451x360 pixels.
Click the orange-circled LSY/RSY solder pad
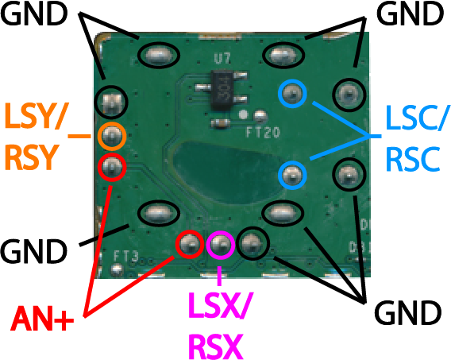[112, 136]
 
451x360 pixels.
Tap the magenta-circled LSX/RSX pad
[221, 244]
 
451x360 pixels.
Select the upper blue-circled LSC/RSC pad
[292, 94]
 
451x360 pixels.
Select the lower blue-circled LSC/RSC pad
[292, 176]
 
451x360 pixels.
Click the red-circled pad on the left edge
[112, 167]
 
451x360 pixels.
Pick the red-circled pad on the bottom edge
[190, 244]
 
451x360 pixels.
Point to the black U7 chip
[222, 90]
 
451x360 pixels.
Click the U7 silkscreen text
[222, 59]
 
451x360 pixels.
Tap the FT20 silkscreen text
[263, 133]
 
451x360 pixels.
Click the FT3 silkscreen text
[126, 256]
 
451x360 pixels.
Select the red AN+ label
[42, 319]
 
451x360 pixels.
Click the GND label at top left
[34, 14]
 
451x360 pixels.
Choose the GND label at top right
[410, 14]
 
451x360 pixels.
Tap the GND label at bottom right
[407, 313]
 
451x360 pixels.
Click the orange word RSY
[30, 158]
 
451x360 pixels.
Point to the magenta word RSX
[215, 346]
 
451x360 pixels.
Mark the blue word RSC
[413, 159]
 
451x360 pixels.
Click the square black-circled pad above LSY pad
[112, 103]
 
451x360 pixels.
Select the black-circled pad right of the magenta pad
[252, 243]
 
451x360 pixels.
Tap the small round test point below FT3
[117, 270]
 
